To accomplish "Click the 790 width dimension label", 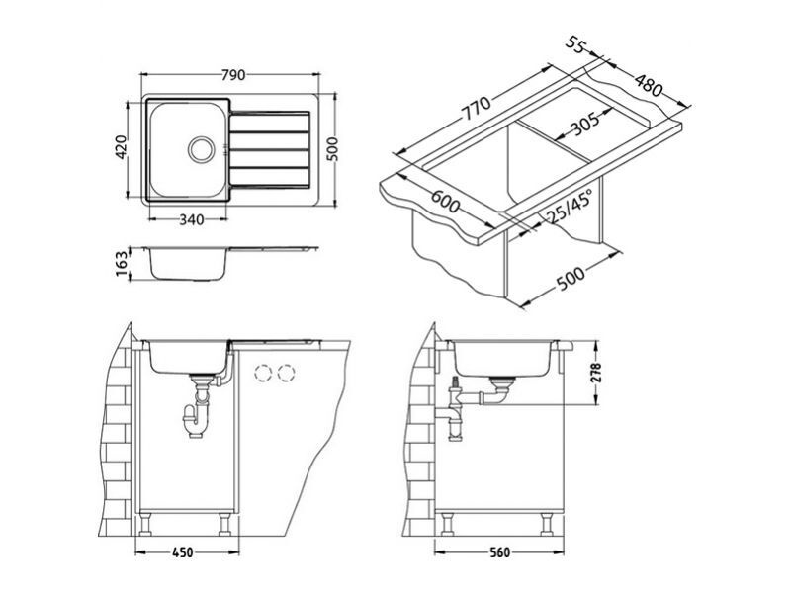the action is (233, 75).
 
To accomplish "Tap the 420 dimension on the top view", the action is (121, 147).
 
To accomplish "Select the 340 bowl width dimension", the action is (192, 219).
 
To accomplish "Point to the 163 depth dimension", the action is (122, 264).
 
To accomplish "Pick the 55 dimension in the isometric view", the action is (574, 44).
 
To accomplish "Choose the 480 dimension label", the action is (648, 85).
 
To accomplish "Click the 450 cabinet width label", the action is (183, 553).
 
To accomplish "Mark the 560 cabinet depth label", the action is (499, 553).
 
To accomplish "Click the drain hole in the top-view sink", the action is (202, 149).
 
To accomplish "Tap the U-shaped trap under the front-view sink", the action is (195, 422).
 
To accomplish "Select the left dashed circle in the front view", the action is (263, 374).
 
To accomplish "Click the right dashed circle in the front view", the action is (286, 374).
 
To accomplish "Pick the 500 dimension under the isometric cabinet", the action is (571, 279).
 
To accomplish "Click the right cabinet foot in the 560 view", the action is (547, 525).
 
